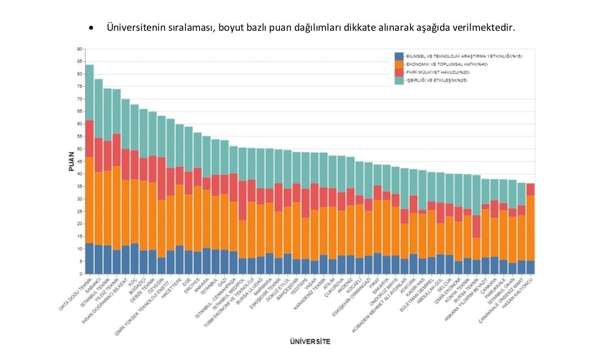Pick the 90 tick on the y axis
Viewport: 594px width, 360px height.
[79, 49]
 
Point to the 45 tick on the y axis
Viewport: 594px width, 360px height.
[79, 162]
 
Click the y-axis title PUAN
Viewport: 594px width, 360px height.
[71, 162]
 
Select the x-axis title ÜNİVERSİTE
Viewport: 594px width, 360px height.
[310, 342]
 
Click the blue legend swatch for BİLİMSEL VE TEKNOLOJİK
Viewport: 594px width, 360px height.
[399, 57]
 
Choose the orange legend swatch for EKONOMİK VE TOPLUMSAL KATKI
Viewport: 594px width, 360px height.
[399, 64]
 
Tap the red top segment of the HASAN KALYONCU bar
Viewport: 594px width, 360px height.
[530, 189]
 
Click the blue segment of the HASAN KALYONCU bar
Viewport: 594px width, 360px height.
[530, 267]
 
